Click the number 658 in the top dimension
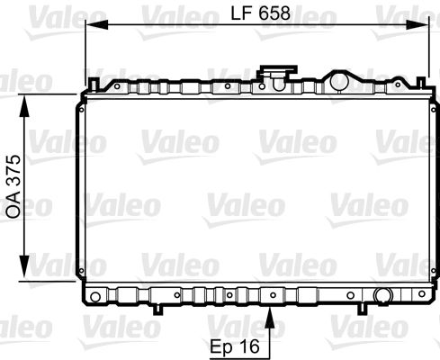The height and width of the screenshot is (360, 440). click(274, 13)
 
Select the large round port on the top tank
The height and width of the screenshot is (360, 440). click(338, 81)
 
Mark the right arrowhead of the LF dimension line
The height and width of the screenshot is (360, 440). click(423, 27)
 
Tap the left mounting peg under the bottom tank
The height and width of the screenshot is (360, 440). click(157, 310)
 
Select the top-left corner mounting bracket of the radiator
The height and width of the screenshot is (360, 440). click(90, 86)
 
